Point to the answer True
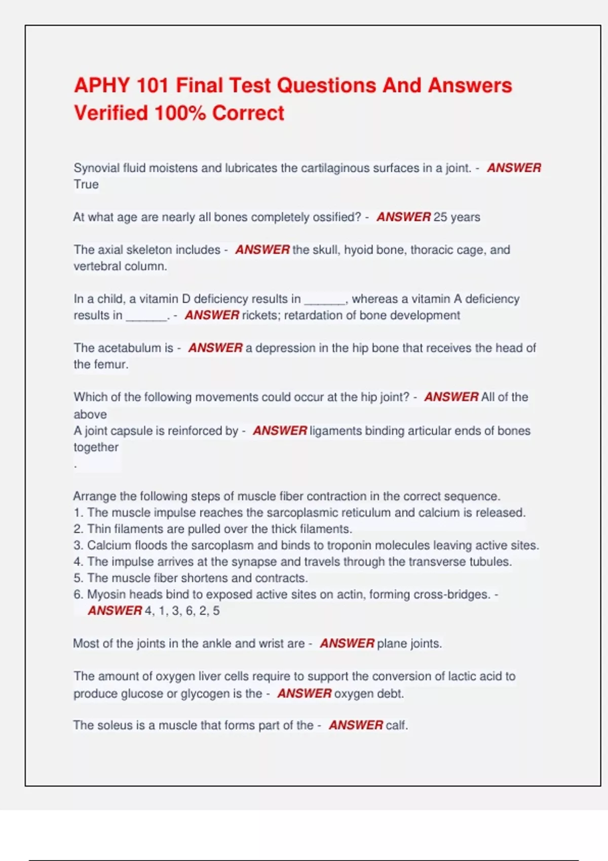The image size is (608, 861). (86, 184)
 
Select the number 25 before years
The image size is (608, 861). (440, 217)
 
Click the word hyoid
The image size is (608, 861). (358, 250)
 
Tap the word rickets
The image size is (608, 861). (259, 315)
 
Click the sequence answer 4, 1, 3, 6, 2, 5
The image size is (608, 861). (182, 611)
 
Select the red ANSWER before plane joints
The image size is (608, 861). (347, 643)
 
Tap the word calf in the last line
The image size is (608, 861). (396, 725)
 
